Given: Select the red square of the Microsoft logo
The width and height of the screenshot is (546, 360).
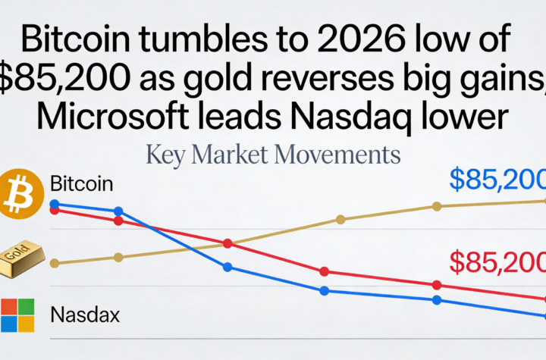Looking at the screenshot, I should (9, 306).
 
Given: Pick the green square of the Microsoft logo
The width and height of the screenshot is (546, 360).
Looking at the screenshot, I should (27, 306).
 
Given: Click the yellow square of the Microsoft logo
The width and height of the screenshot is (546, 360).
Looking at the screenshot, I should (27, 324).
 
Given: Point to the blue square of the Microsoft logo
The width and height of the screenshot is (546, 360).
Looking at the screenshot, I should (9, 324).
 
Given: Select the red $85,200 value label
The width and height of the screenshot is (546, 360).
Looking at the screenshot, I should (497, 261).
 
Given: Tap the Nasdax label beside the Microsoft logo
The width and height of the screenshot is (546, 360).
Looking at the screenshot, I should (84, 315).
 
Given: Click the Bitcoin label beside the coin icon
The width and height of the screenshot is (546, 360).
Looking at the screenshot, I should (81, 183).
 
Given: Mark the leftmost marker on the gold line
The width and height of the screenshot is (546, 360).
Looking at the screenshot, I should (54, 263).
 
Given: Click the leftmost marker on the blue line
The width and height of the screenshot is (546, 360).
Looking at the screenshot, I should (54, 204).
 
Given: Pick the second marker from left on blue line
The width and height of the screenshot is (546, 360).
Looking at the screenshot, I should (118, 211).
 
